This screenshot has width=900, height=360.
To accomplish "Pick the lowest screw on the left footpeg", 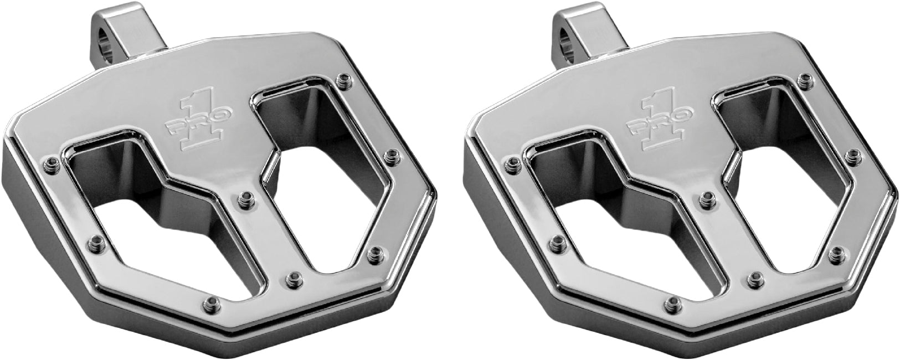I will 210,301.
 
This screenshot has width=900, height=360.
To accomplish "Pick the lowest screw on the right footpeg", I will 673,301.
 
